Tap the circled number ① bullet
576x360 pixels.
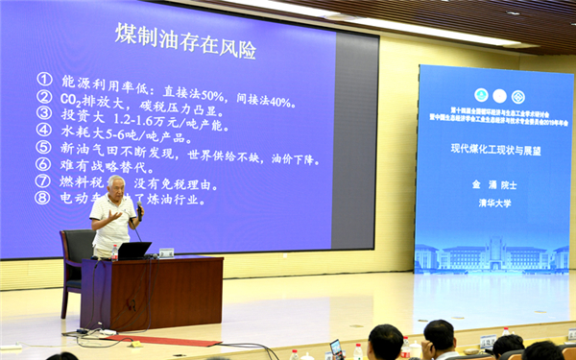click(44, 80)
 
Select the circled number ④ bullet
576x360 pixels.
click(44, 130)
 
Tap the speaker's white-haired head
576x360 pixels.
click(116, 183)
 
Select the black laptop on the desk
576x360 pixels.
click(134, 250)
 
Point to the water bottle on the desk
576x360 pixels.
click(114, 252)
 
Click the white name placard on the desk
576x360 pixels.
click(166, 252)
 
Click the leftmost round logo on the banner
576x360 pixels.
click(481, 95)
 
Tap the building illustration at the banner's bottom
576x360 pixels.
click(491, 254)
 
